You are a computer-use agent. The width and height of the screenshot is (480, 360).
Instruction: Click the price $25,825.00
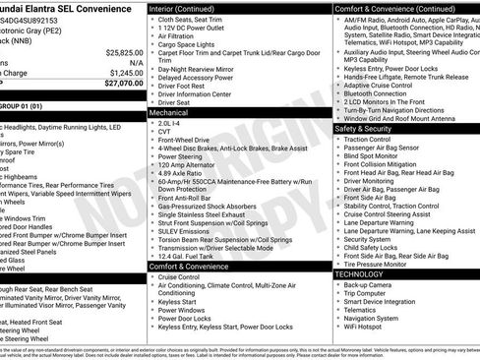123,51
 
